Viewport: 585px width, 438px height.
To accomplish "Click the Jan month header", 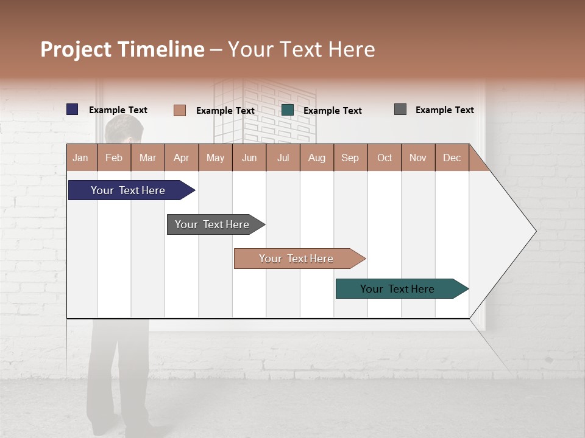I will [x=81, y=158].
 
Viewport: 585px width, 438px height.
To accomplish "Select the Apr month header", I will [x=182, y=158].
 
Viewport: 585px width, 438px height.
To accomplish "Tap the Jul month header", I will [x=283, y=158].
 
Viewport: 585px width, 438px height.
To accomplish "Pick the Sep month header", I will [x=350, y=158].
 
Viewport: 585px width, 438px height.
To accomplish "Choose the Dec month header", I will [x=452, y=158].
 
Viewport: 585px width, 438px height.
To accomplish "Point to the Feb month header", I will [x=114, y=158].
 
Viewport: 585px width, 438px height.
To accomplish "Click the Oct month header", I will [x=385, y=158].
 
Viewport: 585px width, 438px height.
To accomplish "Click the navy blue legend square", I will [x=73, y=109].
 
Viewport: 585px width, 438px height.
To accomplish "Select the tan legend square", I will [x=179, y=110].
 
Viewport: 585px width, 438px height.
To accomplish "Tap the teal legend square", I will [x=288, y=110].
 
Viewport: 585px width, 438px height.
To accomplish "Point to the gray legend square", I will [x=400, y=109].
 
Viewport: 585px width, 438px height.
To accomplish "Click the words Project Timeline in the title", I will [x=122, y=49].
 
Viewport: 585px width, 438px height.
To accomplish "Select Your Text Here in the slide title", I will [x=302, y=49].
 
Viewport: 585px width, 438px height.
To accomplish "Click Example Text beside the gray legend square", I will [x=444, y=110].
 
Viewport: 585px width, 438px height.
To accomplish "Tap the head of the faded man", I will [x=124, y=129].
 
